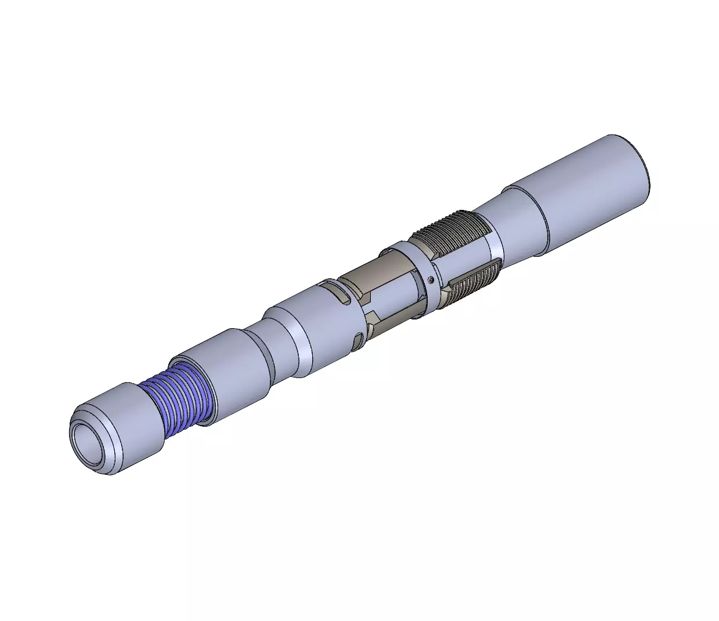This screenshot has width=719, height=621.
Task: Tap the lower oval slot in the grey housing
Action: [359, 342]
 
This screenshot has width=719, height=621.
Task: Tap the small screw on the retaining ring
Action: [431, 280]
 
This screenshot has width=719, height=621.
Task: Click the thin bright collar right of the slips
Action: [493, 241]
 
